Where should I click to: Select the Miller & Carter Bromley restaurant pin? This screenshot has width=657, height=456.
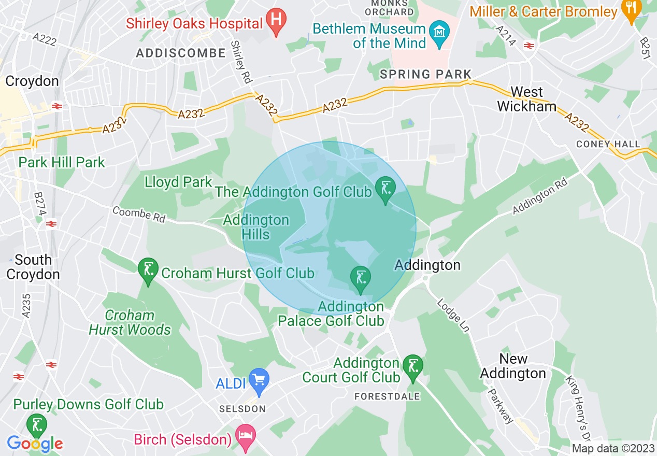click(x=631, y=11)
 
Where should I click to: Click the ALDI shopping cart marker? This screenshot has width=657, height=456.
click(x=259, y=380)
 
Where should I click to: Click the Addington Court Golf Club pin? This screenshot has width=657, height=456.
click(x=412, y=368)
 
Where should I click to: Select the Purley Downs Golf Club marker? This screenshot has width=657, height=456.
click(x=36, y=425)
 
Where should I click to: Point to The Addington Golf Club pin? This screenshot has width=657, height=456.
click(x=385, y=189)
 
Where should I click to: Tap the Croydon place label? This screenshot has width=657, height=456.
click(x=32, y=81)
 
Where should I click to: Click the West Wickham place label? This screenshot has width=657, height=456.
click(x=526, y=99)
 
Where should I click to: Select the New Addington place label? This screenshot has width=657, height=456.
click(x=512, y=366)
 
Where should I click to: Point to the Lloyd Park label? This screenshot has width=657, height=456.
click(x=178, y=182)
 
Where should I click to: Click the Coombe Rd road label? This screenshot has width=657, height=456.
click(x=138, y=215)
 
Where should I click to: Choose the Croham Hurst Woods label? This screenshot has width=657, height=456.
click(x=130, y=322)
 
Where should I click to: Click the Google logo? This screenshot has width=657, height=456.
click(x=35, y=444)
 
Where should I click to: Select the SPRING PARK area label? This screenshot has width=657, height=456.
click(x=425, y=74)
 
